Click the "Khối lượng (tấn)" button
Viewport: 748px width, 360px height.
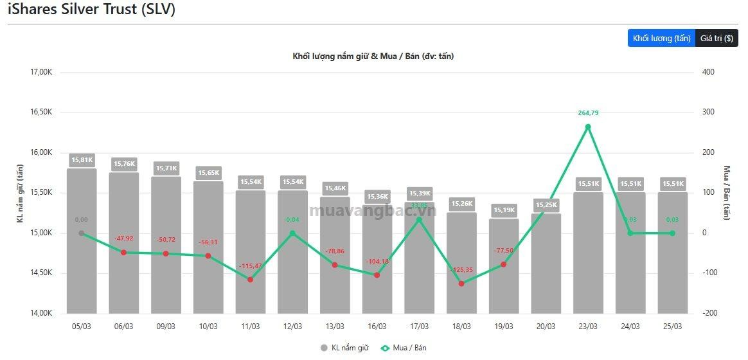(661, 39)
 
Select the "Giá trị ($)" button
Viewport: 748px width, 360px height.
(717, 39)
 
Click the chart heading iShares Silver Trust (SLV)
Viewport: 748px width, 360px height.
(91, 10)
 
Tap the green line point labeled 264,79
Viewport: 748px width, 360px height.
(588, 127)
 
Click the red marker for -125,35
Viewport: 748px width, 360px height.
(461, 283)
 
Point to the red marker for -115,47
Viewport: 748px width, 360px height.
(250, 280)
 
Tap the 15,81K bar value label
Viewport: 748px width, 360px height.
(82, 159)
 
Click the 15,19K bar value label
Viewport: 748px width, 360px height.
(503, 210)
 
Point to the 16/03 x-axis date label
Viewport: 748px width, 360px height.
(377, 327)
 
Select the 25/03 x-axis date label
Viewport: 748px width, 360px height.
(672, 327)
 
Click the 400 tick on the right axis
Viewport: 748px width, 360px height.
(708, 73)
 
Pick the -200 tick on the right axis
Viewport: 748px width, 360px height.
(709, 314)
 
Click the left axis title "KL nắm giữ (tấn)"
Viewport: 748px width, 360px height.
(21, 193)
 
